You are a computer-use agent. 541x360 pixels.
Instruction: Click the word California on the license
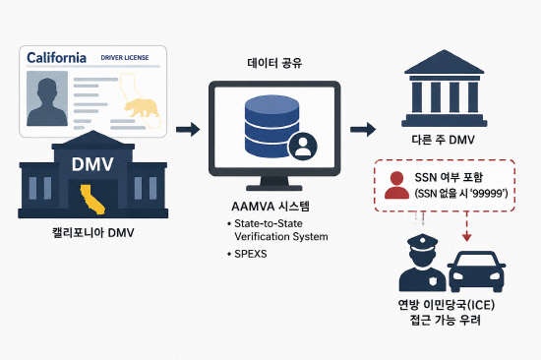57,58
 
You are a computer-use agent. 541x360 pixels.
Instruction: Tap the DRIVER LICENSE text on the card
125,58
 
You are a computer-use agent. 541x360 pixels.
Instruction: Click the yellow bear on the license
142,107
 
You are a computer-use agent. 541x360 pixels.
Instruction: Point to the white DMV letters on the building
92,164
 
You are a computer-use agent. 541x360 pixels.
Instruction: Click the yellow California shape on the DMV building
92,199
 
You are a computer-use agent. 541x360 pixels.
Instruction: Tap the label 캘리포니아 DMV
92,233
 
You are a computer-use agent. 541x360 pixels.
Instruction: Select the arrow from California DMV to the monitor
188,130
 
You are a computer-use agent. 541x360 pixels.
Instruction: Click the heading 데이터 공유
274,63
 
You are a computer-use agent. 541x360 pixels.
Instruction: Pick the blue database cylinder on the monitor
271,126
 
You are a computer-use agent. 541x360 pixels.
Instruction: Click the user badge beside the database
303,146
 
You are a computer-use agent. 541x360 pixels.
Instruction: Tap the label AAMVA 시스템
270,207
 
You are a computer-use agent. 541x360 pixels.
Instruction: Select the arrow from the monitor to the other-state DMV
363,130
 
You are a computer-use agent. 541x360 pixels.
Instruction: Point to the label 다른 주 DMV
444,140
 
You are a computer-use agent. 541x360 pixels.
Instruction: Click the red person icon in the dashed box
396,185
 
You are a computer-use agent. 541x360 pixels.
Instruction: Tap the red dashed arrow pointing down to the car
467,226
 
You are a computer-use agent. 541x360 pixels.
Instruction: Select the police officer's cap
422,241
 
